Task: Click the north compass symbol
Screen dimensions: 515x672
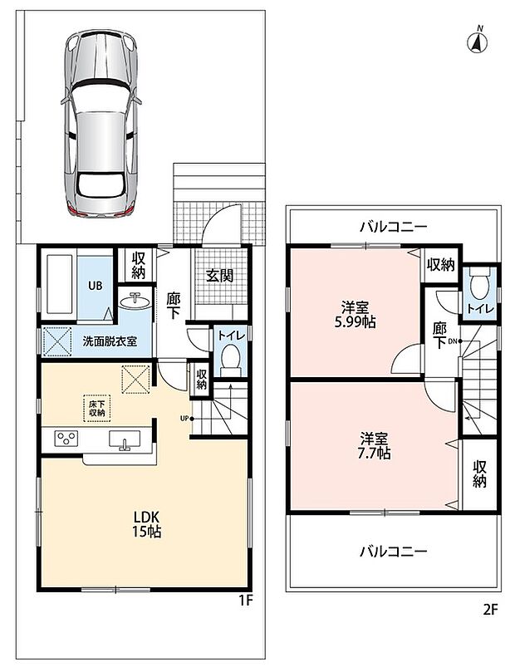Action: click(x=478, y=42)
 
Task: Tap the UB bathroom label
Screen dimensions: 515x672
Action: click(x=96, y=286)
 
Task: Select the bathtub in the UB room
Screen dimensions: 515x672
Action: click(x=59, y=285)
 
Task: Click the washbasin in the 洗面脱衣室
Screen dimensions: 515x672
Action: click(x=135, y=302)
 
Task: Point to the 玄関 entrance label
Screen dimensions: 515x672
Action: click(x=219, y=276)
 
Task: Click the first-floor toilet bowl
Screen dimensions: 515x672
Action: click(x=231, y=357)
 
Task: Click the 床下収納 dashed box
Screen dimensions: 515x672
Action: click(x=97, y=408)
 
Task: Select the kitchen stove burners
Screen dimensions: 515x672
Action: click(x=66, y=439)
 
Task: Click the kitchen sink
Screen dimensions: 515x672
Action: click(x=125, y=440)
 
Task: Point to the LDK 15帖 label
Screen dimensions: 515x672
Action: click(x=146, y=524)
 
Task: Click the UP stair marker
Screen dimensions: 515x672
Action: click(x=186, y=419)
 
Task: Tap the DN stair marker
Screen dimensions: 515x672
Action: click(x=454, y=341)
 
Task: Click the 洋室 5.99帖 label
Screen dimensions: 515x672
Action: click(x=356, y=314)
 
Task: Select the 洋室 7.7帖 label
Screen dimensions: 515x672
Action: click(x=374, y=446)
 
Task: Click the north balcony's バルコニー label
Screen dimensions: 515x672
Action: click(x=394, y=227)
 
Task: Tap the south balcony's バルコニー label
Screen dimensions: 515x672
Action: click(x=394, y=551)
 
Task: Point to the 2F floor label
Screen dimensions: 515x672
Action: click(x=491, y=610)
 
